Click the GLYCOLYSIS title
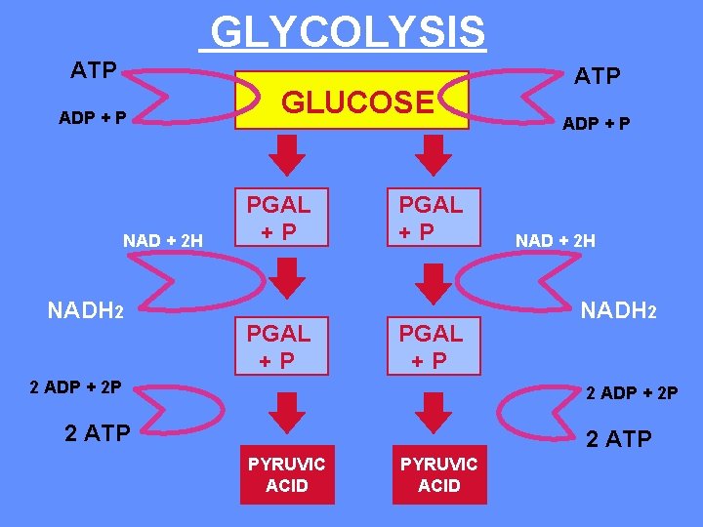pos(347,31)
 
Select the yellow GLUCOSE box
pos(356,101)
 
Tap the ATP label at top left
pos(94,70)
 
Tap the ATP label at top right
pos(597,76)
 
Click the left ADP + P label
pos(92,118)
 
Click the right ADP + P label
pos(595,124)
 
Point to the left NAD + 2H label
pos(162,240)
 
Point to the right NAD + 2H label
pos(556,240)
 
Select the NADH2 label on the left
pos(85,310)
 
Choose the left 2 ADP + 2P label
pos(75,386)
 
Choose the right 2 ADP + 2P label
pos(632,393)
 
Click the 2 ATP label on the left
pos(97,433)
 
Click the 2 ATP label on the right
pos(618,439)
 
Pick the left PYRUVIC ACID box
pos(287,474)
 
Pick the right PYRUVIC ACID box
pos(439,474)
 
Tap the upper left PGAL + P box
pos(278,217)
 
